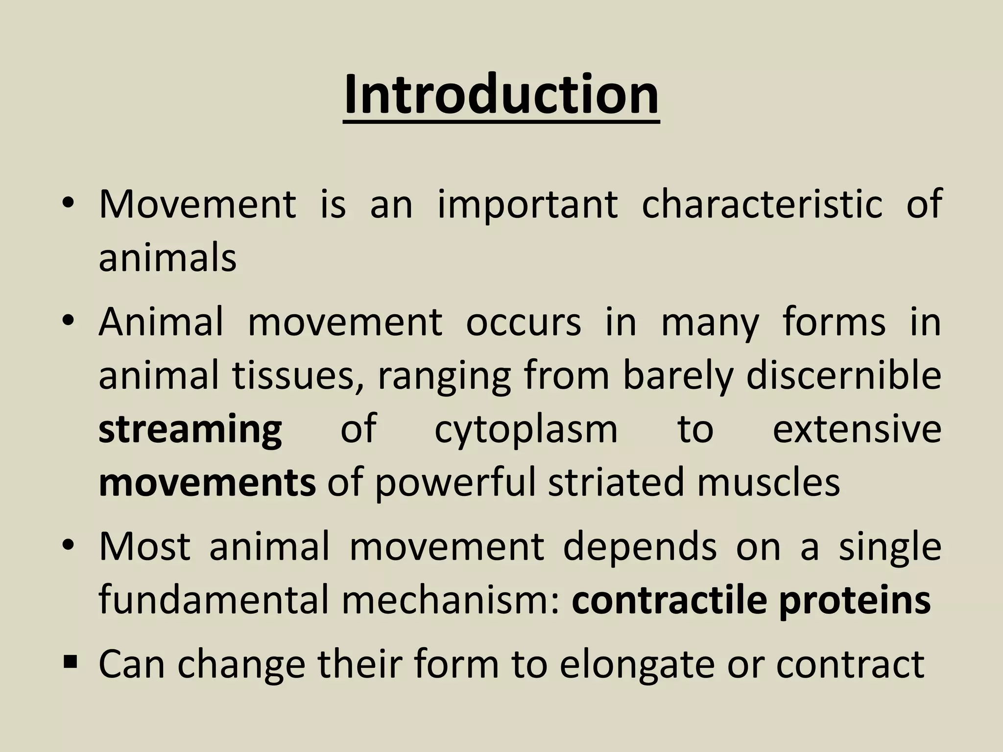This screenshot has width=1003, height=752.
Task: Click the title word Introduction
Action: click(501, 95)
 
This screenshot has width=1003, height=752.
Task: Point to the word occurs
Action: click(523, 323)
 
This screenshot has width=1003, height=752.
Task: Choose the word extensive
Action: click(857, 429)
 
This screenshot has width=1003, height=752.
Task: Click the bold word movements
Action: click(207, 482)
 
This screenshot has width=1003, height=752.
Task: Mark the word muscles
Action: click(768, 482)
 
